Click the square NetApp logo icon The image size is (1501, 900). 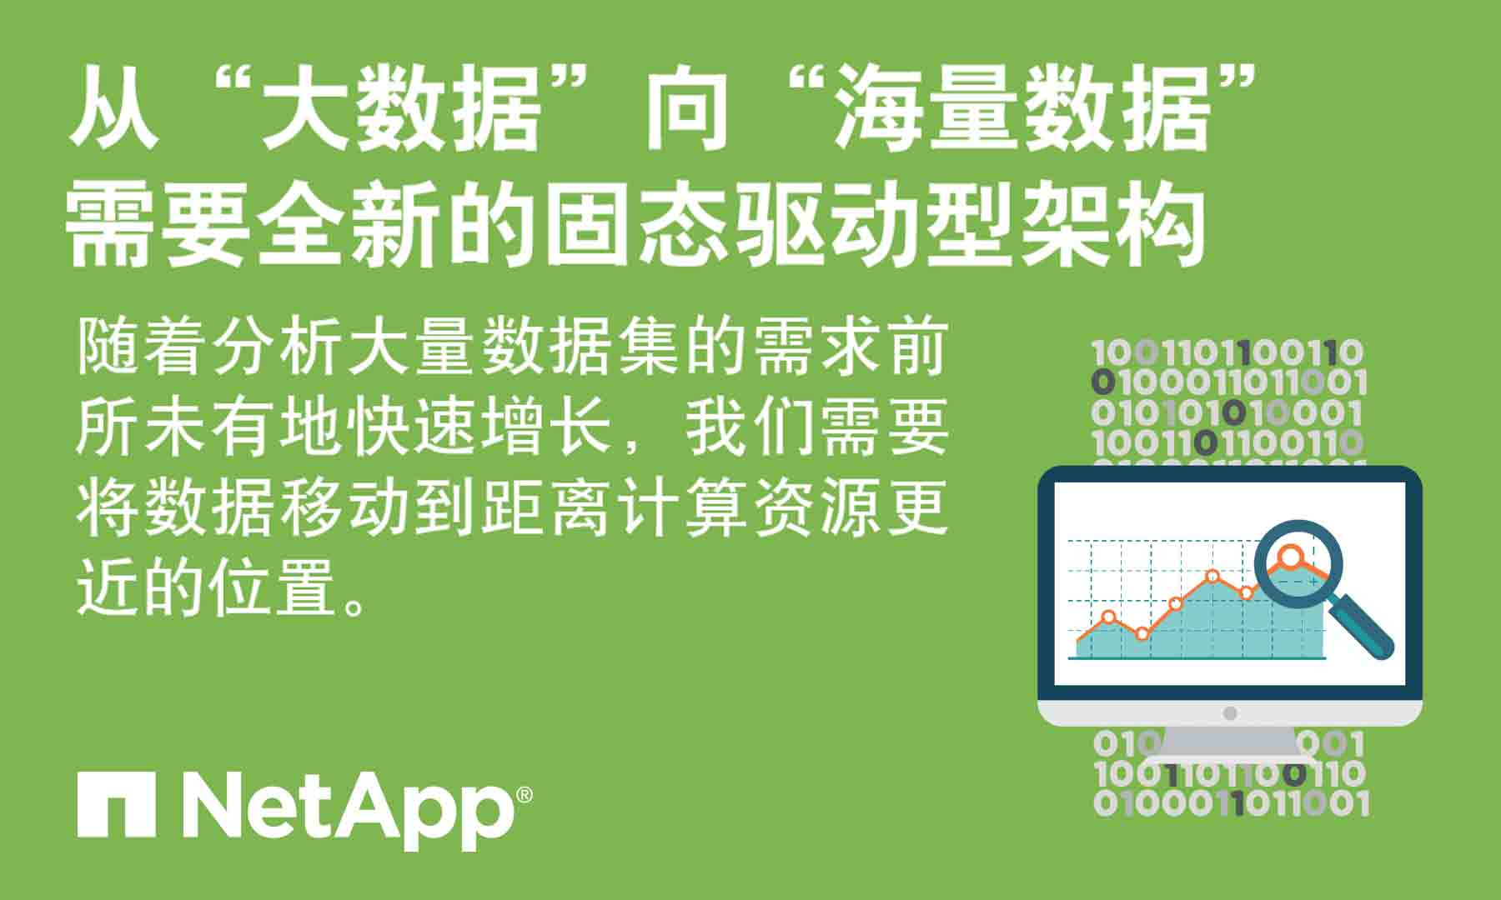tap(116, 805)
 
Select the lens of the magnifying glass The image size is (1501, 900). tap(1298, 562)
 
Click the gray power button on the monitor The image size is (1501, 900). tap(1229, 713)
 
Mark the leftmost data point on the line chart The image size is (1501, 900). tap(1108, 617)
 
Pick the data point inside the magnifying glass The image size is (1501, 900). tap(1290, 556)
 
